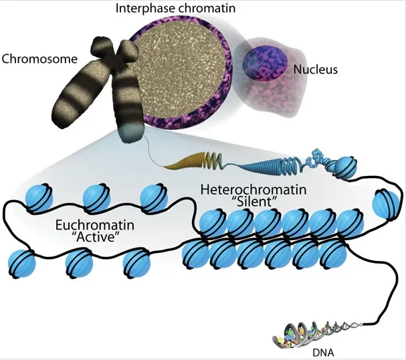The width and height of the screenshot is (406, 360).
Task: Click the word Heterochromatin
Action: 253,190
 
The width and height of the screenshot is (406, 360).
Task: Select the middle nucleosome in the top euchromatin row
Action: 96,198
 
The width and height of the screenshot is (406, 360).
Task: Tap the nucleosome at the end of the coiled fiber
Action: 346,167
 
